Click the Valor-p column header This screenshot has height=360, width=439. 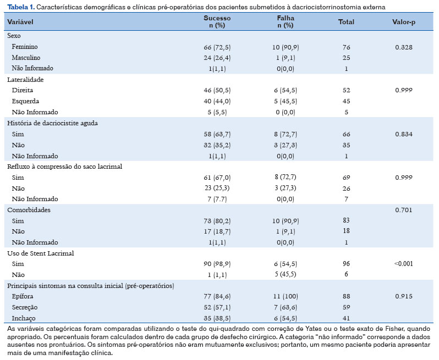coord(403,22)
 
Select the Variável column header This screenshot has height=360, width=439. coord(20,22)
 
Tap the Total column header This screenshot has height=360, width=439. coord(346,22)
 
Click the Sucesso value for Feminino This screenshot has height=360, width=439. coord(217,47)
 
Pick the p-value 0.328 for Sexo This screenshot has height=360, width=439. coord(403,47)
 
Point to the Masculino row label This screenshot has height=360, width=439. coord(26,58)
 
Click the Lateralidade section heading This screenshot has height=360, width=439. coord(25,80)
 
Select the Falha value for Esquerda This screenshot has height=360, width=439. coord(286,101)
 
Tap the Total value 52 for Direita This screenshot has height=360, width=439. coord(347,90)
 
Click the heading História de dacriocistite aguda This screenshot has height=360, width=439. coord(52,123)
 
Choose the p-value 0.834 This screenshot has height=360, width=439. coord(403,134)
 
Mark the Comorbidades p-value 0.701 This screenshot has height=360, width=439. coord(403,210)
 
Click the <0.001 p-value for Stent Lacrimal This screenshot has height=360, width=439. coord(403,263)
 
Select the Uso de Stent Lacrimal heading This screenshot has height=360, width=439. coord(41,253)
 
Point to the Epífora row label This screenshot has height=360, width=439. coord(23,296)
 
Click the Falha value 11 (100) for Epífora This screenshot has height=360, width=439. coord(286,296)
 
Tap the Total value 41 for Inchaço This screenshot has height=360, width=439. coord(347,318)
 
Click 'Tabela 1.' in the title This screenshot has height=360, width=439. coord(21,7)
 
